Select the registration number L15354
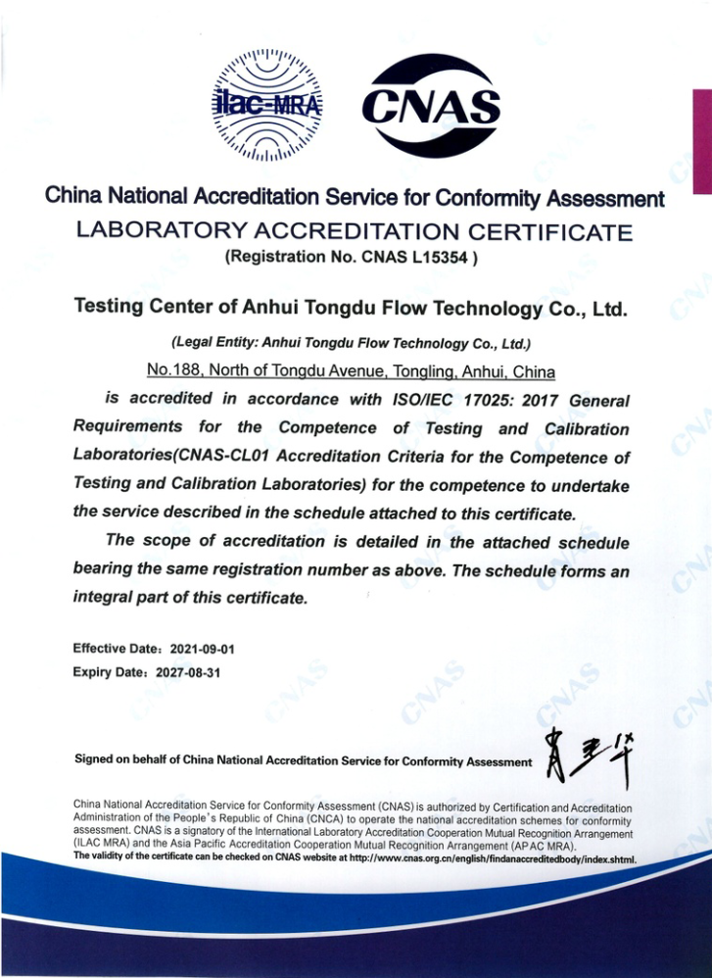coord(440,260)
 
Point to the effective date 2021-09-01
coord(203,649)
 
